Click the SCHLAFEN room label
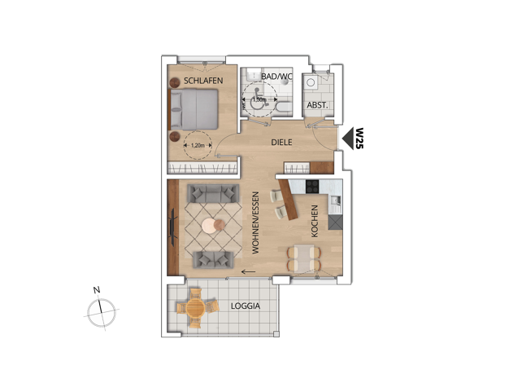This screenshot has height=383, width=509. (203, 81)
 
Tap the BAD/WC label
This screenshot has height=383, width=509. (277, 77)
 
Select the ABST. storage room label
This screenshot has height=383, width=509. (317, 105)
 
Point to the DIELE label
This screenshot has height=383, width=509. (281, 143)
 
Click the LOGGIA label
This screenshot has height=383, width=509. (246, 306)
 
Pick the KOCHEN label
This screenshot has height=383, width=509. (314, 221)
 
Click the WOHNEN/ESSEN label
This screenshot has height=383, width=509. (255, 223)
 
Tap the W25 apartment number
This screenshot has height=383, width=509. (359, 139)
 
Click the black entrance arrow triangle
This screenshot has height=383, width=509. (348, 139)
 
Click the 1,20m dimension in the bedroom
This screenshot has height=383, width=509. (198, 145)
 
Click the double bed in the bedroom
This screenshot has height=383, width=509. (194, 109)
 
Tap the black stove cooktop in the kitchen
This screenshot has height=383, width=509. (312, 187)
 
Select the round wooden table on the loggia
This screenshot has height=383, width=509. (195, 307)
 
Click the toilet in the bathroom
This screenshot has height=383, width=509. (284, 107)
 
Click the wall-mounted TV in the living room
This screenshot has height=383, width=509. (173, 227)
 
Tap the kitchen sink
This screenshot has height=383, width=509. (335, 200)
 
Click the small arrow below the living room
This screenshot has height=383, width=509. (248, 271)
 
